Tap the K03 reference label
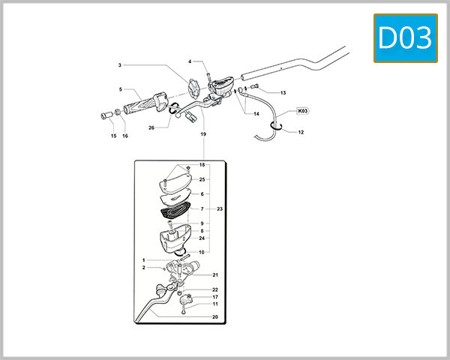pos(303,110)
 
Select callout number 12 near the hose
pos(301,132)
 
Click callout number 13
pos(283,92)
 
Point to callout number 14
pos(256,114)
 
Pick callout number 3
pos(119,65)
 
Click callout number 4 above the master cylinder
pos(190,61)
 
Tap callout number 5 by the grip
pos(120,89)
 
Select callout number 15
pos(113,136)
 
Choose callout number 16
pos(125,136)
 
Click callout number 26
pos(151,127)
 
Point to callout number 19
pos(203,134)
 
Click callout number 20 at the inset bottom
pos(214,317)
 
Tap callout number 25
pos(202,180)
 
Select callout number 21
pos(214,275)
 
